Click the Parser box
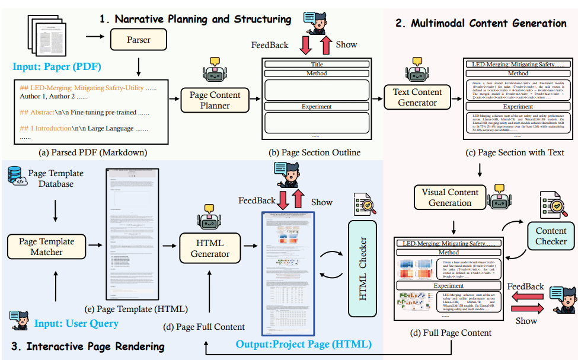138,40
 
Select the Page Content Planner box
214,99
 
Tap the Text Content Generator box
417,97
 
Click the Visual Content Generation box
450,197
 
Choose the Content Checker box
551,236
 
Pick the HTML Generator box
210,248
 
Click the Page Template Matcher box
47,247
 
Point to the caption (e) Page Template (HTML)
145,309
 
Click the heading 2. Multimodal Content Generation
481,23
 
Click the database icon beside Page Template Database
17,177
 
